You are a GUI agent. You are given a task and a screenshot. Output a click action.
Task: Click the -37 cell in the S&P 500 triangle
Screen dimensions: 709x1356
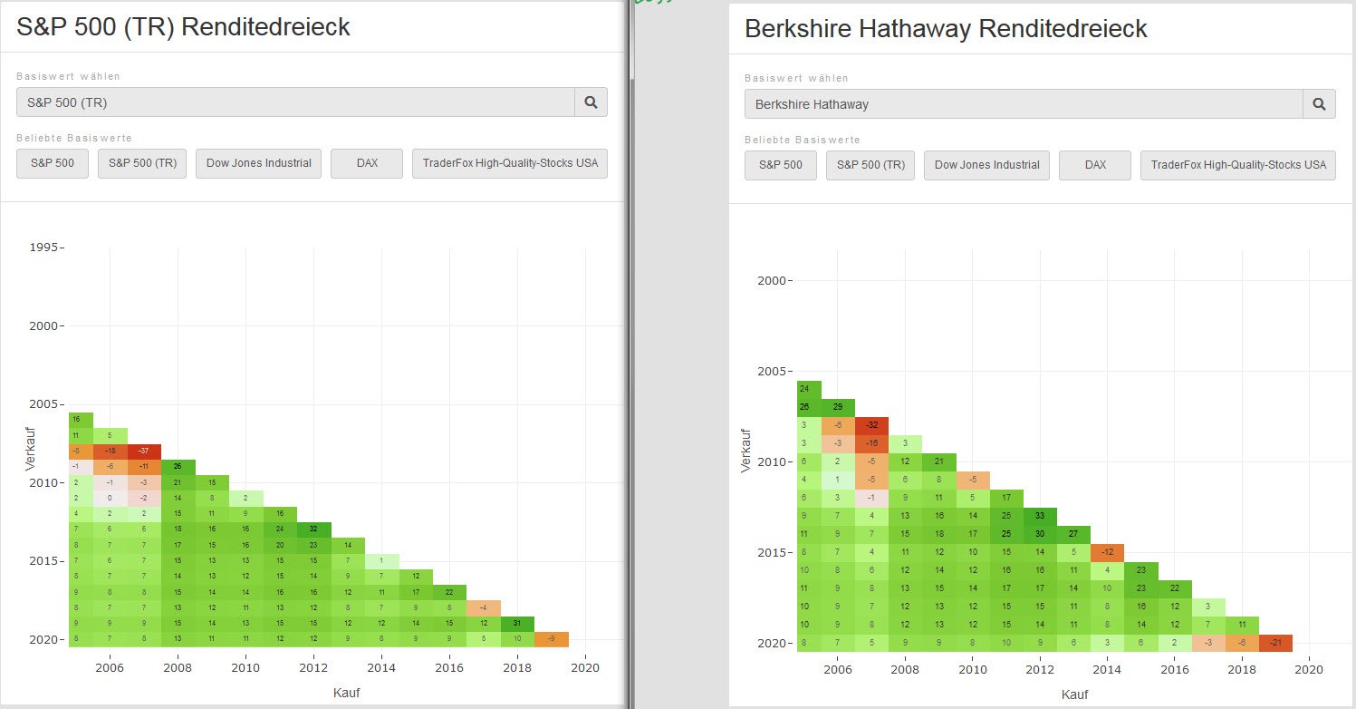coord(144,451)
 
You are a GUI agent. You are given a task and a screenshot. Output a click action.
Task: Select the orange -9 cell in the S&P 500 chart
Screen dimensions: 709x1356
coord(552,639)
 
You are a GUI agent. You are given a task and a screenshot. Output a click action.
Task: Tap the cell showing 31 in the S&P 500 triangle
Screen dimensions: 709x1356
coord(517,623)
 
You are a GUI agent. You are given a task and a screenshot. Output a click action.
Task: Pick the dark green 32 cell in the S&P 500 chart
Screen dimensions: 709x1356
coord(313,529)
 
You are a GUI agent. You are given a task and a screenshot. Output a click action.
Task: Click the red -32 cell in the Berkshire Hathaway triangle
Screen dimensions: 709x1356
coord(871,424)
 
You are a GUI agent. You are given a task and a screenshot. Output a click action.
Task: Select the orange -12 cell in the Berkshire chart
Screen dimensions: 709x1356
coord(1106,552)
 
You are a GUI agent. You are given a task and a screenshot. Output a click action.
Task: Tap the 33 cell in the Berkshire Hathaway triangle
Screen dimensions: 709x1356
coord(1039,516)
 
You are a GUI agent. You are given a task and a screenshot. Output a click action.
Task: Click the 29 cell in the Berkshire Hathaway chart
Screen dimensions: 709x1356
coord(838,406)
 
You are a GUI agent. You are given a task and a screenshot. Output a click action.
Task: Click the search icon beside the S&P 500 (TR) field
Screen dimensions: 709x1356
coord(591,102)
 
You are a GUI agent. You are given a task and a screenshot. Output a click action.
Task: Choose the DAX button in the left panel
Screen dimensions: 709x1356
coord(367,164)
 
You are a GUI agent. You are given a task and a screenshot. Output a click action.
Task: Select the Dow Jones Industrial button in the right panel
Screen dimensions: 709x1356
coord(986,165)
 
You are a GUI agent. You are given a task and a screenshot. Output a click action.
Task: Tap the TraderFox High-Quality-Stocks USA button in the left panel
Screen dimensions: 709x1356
coord(510,164)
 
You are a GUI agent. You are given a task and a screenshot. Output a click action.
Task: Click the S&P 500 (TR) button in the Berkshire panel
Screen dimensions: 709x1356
coord(870,165)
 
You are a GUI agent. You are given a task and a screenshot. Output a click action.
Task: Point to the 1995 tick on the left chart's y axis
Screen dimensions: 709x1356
coord(43,248)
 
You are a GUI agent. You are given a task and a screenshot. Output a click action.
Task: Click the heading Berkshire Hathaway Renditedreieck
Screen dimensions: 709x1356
coord(945,29)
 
